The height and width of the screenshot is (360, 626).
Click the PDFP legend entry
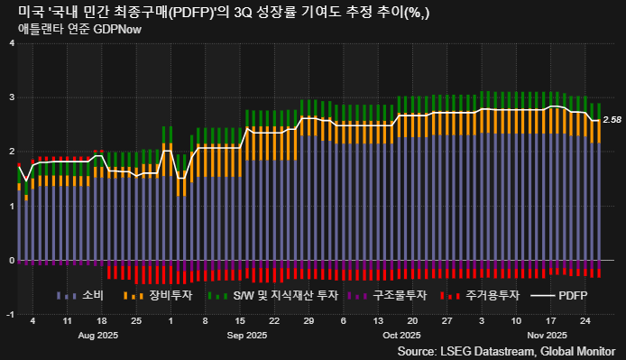(x=573, y=295)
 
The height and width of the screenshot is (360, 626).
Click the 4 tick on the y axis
(x=10, y=43)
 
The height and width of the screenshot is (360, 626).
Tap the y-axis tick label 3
(x=10, y=97)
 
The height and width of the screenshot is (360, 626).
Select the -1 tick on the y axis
(x=9, y=314)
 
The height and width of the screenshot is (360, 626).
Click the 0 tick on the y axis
(x=10, y=260)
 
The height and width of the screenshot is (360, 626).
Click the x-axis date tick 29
(x=309, y=321)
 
